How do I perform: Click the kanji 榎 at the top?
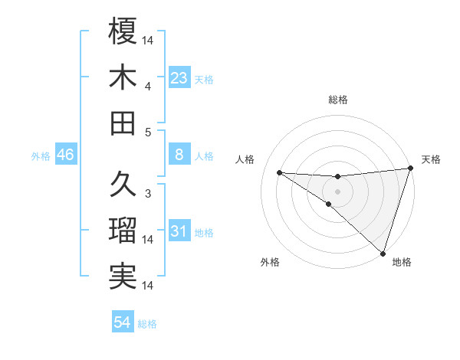123,31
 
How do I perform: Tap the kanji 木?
123,77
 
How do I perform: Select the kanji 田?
123,123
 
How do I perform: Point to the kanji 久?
123,184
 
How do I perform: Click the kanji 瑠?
123,231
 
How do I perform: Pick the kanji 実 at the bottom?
123,276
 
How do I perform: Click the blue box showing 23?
179,78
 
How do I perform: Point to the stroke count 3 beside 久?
148,193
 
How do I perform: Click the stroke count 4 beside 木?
148,87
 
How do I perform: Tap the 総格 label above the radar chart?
338,100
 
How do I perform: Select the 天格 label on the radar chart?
431,159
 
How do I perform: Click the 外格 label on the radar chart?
270,263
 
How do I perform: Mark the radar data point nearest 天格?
410,169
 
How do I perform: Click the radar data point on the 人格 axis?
279,172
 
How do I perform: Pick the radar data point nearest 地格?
383,253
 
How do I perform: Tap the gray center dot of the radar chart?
337,190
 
